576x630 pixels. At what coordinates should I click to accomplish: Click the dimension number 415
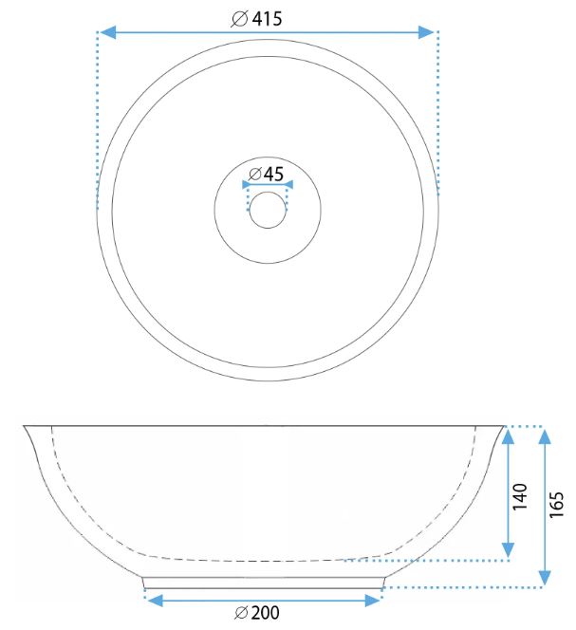click(x=268, y=18)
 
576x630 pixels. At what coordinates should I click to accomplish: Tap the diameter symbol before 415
click(x=239, y=19)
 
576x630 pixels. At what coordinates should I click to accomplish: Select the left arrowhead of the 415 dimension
click(x=107, y=32)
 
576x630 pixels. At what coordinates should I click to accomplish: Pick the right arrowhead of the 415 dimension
click(x=426, y=32)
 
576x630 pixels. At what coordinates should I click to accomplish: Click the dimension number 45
click(x=273, y=174)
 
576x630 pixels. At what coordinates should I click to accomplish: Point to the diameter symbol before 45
click(x=255, y=174)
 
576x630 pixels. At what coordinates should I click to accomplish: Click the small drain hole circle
click(x=268, y=210)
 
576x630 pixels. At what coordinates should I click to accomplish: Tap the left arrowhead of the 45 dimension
click(x=247, y=185)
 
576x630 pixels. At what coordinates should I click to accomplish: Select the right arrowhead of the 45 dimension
click(x=288, y=185)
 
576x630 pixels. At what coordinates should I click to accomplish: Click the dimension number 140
click(x=520, y=496)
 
